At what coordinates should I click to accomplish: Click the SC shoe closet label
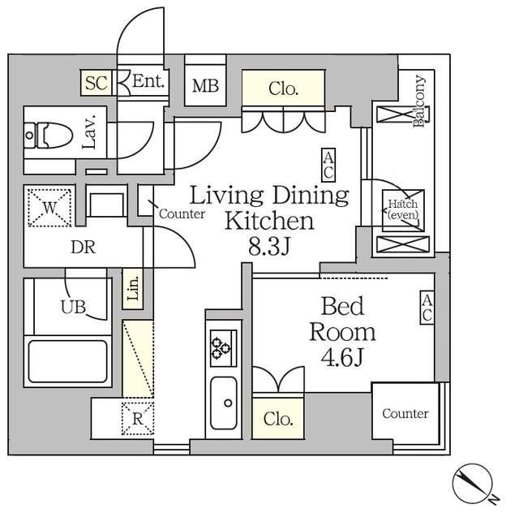click(97, 83)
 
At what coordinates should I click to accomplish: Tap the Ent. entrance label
click(148, 81)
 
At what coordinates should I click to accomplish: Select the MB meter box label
click(205, 86)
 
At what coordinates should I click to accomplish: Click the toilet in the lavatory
click(49, 136)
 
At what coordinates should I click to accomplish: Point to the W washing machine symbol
click(49, 208)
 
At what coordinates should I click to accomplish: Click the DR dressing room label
click(84, 248)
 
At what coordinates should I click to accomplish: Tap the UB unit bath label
click(74, 307)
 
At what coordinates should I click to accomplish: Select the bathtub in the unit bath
click(68, 361)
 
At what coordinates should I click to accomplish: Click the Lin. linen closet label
click(133, 288)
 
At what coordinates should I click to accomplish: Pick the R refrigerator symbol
click(138, 419)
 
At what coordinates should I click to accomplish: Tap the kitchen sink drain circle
click(228, 403)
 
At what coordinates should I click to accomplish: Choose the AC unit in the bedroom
click(427, 307)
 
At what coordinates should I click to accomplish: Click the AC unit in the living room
click(328, 165)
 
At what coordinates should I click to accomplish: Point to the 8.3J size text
click(269, 247)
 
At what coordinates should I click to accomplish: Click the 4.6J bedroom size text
click(342, 357)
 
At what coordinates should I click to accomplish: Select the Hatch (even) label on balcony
click(403, 209)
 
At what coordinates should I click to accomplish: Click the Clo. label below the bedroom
click(278, 419)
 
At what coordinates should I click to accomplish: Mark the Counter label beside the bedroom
click(405, 414)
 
